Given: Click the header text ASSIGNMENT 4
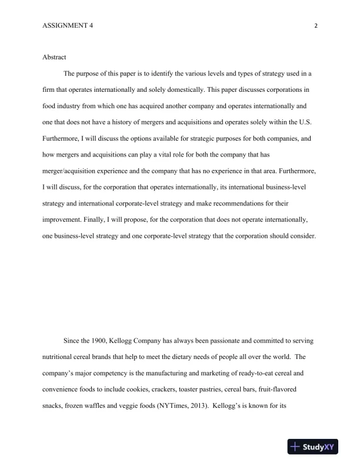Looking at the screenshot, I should click(68, 26).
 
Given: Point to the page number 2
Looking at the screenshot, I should click(316, 26).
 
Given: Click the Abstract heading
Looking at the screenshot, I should click(55, 57).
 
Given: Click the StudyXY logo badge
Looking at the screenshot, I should click(318, 447).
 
